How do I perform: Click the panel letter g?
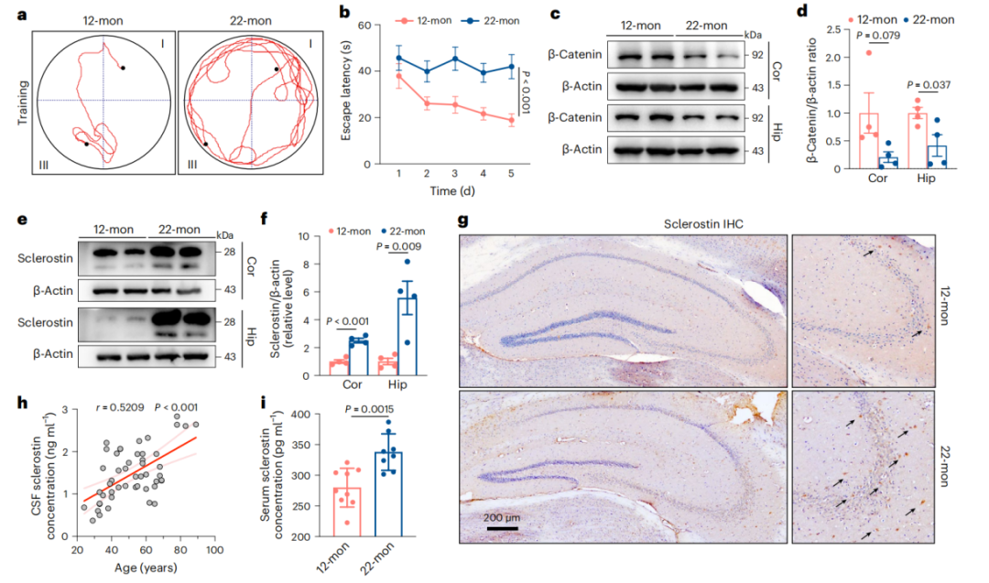[464, 221]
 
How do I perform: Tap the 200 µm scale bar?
[503, 526]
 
